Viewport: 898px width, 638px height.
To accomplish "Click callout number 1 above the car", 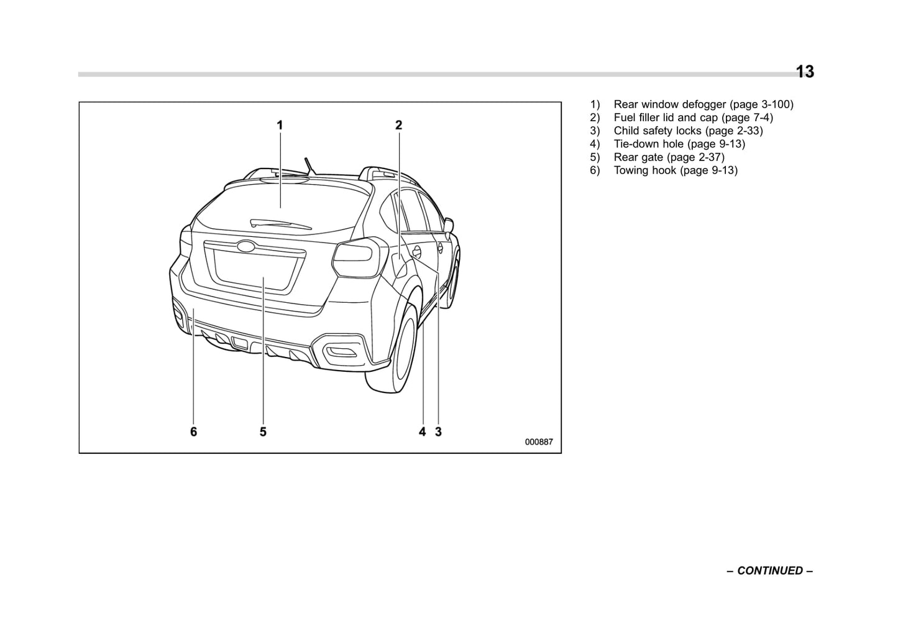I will pos(280,125).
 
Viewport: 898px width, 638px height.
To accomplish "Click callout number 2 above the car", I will pos(399,125).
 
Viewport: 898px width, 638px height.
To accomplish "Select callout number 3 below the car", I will pos(438,432).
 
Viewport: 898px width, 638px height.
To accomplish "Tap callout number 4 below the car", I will pos(423,432).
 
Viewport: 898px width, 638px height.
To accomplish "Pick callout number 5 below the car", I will pos(263,432).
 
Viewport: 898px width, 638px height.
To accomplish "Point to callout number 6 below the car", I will pos(193,432).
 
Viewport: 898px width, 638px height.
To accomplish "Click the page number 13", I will pos(805,72).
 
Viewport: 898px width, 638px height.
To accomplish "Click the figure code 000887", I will pos(538,442).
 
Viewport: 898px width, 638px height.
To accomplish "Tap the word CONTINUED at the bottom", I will pos(769,570).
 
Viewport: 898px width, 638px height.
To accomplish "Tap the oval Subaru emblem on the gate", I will pos(247,246).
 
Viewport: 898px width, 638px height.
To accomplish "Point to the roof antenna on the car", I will pos(309,166).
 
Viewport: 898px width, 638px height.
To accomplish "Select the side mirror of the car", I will pos(448,223).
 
